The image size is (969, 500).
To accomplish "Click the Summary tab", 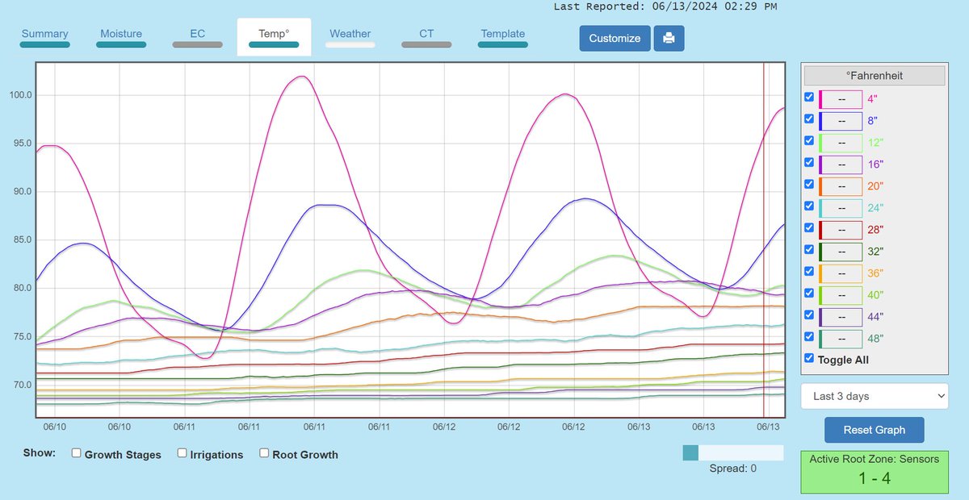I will point(44,34).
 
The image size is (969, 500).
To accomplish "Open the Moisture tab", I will point(121,34).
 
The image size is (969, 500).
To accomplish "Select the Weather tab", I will point(350,34).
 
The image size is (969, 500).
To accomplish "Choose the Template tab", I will point(502,34).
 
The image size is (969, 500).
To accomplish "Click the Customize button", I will point(615,38).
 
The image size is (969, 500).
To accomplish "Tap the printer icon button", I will point(669,38).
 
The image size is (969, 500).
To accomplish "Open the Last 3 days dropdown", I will point(874,396).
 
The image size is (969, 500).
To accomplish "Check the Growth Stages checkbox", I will point(77,453).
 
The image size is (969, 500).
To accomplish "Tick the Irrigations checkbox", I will point(182,453).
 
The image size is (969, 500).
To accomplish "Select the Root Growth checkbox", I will point(264,453).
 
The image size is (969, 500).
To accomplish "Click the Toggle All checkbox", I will point(809,359).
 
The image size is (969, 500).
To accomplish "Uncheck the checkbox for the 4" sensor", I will point(809,98).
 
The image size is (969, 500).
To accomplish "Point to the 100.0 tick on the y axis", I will point(20,95).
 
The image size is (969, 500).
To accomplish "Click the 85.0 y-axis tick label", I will point(20,240).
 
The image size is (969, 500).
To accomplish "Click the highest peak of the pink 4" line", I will point(301,77).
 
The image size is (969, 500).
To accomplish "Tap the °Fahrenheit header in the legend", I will point(874,76).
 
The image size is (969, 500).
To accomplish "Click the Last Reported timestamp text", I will point(665,6).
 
